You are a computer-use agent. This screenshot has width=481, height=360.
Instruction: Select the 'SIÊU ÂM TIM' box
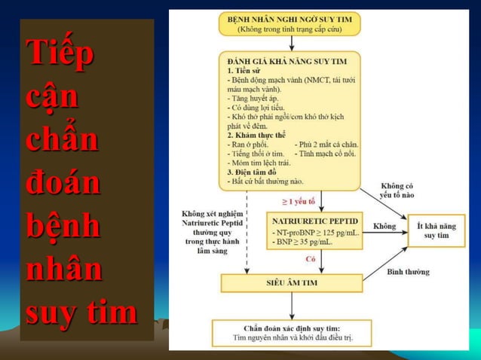tap(291, 283)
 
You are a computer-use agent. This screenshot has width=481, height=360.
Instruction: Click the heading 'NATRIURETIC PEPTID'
tap(316, 221)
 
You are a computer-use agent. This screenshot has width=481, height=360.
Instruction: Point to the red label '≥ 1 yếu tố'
tap(299, 202)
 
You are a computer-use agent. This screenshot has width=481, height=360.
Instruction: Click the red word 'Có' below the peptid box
tap(311, 259)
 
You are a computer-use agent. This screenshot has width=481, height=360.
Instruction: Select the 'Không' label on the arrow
tap(384, 225)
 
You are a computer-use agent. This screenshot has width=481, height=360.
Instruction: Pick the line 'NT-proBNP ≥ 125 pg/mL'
tap(316, 233)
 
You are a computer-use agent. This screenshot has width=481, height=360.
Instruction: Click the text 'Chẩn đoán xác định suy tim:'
tap(292, 328)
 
